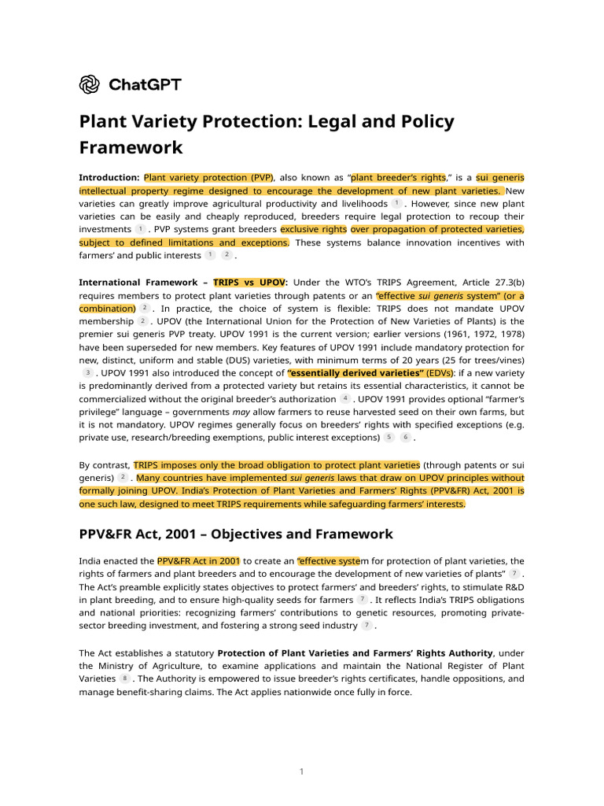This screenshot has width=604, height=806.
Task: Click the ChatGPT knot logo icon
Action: point(89,83)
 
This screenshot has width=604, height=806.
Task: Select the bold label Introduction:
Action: point(109,177)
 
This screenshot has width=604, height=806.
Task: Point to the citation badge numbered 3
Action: point(87,372)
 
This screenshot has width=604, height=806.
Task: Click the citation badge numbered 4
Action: point(345,398)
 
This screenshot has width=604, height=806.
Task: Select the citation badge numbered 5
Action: point(389,437)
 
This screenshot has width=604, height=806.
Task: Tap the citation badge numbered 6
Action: point(405,437)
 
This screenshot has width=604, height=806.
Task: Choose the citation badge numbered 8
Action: point(124,678)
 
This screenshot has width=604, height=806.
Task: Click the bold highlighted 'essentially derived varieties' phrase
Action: point(356,372)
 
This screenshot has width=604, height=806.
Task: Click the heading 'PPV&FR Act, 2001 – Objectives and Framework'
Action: point(236,534)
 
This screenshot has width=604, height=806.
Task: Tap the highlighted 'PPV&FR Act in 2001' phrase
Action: point(199,561)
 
